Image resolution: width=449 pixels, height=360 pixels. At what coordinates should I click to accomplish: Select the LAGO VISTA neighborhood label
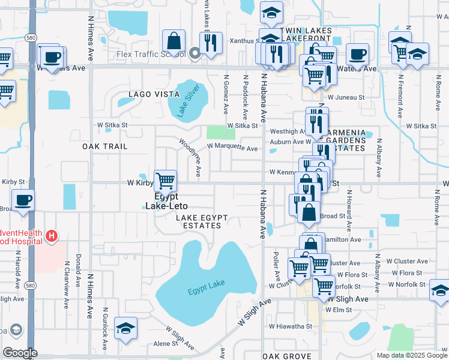154,94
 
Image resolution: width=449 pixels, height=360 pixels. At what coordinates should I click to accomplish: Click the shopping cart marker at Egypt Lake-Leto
165,180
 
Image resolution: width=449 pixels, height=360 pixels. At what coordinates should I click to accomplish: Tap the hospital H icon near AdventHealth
52,236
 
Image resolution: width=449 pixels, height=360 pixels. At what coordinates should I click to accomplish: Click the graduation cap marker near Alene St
126,328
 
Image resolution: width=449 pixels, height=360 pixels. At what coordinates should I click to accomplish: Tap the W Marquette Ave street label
232,148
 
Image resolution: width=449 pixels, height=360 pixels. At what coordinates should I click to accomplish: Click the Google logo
20,353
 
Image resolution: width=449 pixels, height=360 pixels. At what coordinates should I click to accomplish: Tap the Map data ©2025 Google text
411,355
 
